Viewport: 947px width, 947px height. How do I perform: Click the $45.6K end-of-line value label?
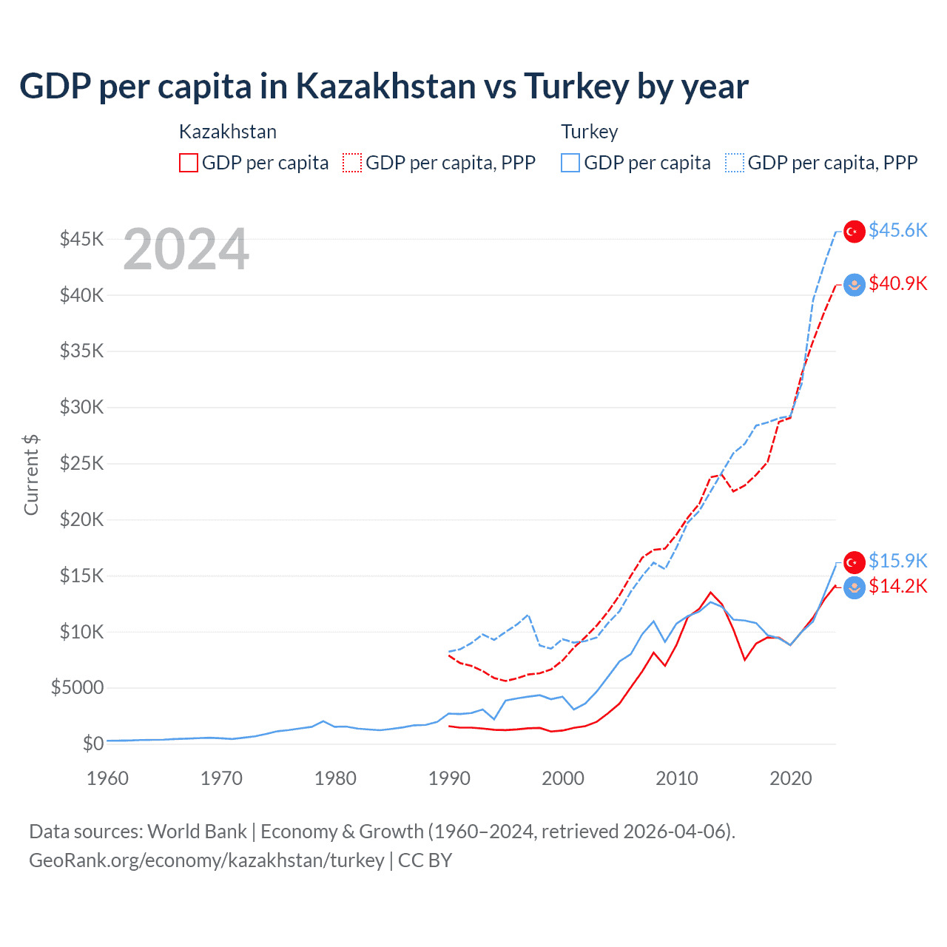(x=897, y=230)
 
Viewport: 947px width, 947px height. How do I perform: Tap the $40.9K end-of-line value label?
(x=897, y=283)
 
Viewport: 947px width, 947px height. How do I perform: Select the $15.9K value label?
(x=897, y=561)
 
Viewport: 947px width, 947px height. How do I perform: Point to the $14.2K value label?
(x=897, y=586)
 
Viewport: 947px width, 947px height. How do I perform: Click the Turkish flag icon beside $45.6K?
(x=855, y=231)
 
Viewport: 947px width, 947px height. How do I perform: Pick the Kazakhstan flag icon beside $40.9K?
(x=855, y=285)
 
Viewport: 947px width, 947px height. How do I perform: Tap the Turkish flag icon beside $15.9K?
(x=855, y=562)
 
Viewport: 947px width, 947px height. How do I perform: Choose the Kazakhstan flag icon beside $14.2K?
(x=855, y=588)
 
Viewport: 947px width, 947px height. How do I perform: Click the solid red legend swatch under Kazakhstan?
(x=189, y=163)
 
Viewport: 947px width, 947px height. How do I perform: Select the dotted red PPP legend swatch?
(x=352, y=163)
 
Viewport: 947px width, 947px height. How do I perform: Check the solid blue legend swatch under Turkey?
(x=570, y=163)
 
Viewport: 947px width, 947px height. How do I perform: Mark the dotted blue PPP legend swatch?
(x=735, y=163)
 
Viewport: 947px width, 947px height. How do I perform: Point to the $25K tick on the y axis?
(x=82, y=463)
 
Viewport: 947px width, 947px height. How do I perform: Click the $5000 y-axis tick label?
(x=78, y=687)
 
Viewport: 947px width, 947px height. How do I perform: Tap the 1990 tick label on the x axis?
(x=449, y=778)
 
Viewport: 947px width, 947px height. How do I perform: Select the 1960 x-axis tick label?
(x=108, y=778)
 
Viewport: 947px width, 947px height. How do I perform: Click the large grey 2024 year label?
(x=186, y=250)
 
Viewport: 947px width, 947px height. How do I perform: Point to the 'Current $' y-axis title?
(x=31, y=475)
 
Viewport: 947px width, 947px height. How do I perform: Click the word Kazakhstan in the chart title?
(x=385, y=86)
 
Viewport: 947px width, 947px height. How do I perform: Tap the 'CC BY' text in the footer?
(x=425, y=860)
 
